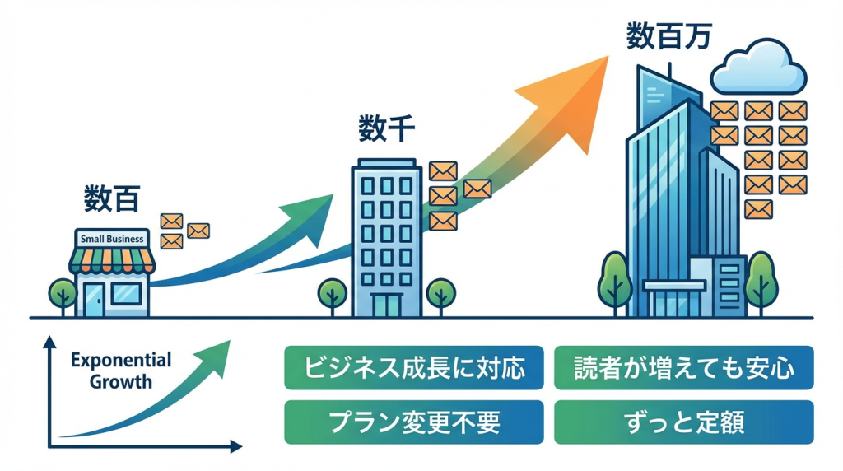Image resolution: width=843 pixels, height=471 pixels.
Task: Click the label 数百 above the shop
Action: tap(112, 198)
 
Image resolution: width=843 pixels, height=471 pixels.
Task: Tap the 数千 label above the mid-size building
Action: tap(386, 128)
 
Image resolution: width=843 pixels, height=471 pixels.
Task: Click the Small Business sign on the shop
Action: tap(112, 239)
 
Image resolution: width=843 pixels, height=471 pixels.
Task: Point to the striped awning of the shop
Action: tap(112, 259)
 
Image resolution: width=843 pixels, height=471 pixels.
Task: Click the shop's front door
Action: tap(94, 299)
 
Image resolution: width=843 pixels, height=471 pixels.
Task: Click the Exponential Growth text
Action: tap(121, 371)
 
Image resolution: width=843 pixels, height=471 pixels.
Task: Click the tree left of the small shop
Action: tap(62, 294)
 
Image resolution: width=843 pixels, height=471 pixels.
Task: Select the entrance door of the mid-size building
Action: tap(386, 306)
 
